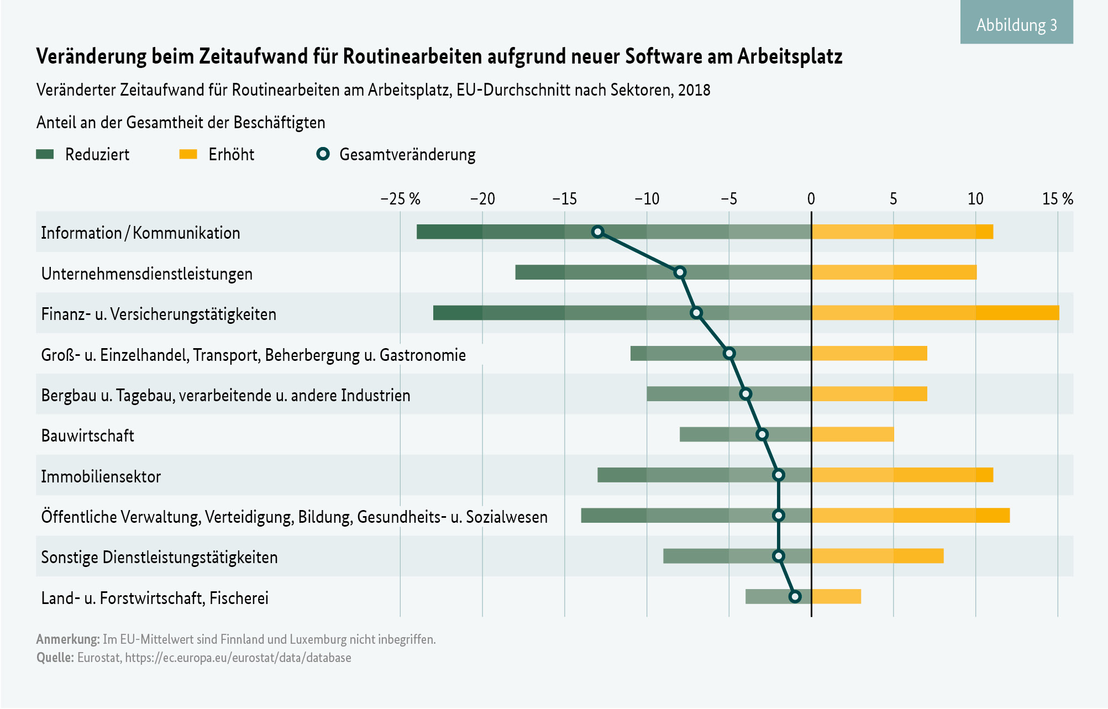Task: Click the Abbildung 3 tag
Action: (1016, 24)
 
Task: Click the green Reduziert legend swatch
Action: (45, 154)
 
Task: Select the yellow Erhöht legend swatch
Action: (188, 154)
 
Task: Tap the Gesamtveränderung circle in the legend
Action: (323, 154)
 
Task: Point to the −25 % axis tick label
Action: (400, 199)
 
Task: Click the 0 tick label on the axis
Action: (811, 199)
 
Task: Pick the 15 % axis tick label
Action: (1057, 199)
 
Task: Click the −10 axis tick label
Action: (647, 199)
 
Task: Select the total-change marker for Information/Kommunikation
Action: (597, 232)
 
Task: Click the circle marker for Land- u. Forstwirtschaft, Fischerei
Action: (795, 597)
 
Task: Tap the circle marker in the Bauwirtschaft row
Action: (762, 434)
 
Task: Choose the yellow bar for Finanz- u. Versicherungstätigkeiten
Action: (935, 313)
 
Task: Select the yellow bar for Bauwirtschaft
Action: (852, 434)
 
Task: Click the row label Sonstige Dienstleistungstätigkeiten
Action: (159, 557)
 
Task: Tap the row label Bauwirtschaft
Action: (87, 435)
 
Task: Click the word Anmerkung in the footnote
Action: (67, 639)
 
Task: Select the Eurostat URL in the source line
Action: (238, 658)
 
